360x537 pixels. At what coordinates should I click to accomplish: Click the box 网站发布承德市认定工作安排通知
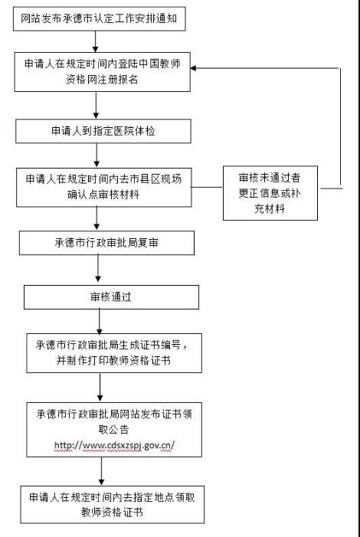pos(100,18)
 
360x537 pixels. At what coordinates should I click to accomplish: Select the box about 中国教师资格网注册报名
pos(103,72)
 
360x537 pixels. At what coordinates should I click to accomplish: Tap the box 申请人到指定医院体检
pos(103,131)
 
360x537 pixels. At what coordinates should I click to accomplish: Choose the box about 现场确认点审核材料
pos(103,188)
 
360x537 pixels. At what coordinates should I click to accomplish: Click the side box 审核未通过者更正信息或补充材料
pos(270,193)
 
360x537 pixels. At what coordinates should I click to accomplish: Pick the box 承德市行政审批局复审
pos(106,243)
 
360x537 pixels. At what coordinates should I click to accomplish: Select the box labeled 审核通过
pos(111,297)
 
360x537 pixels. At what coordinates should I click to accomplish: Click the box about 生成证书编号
pos(114,353)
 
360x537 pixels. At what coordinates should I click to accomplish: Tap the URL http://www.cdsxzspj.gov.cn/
pos(114,446)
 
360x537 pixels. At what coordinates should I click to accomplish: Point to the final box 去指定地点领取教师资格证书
pos(113,505)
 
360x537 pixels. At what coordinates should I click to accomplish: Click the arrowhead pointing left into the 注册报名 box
pos(193,68)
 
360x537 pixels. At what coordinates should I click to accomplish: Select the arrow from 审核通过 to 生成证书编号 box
pos(100,322)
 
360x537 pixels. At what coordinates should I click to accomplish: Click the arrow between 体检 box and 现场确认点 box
pos(97,156)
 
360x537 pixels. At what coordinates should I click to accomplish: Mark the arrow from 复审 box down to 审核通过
pos(98,268)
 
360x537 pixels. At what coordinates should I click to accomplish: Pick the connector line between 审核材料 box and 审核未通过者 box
pos(208,188)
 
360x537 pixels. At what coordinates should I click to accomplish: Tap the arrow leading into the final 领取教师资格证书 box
pos(101,471)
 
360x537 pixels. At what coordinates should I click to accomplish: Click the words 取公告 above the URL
pos(114,430)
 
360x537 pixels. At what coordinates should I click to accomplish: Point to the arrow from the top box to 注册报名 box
pos(96,42)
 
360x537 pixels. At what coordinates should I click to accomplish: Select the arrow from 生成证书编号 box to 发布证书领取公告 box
pos(100,388)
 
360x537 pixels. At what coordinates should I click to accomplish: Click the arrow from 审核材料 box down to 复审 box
pos(97,218)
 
